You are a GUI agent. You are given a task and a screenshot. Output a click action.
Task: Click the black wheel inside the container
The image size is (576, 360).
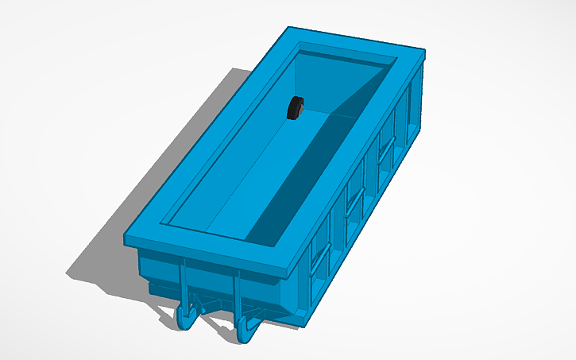pos(296,108)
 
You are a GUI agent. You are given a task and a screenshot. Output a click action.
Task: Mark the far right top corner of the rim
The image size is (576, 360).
pos(425,53)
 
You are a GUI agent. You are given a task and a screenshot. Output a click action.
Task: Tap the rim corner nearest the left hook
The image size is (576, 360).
pos(127,238)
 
